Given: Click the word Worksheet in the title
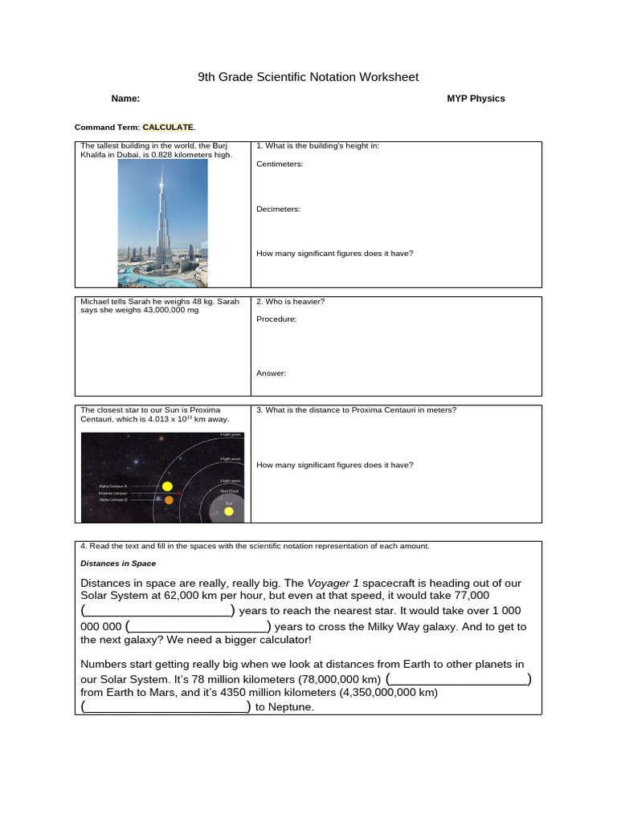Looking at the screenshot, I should coord(382,77).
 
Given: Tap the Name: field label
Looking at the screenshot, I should coord(125,99).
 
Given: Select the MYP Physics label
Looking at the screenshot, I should coord(476,99).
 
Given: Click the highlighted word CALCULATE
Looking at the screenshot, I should coord(168,127).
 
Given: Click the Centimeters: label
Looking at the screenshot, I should coord(280,164).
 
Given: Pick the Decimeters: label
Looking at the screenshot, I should coord(278,209).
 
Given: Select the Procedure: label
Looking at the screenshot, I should coord(276,319).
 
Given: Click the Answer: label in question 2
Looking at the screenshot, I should coord(271,373).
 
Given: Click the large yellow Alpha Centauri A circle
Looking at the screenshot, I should coord(167,486).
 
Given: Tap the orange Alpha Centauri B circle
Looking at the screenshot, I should coord(169,499).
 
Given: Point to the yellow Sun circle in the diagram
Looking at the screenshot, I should coord(229,511).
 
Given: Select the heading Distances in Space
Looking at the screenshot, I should coord(118,564).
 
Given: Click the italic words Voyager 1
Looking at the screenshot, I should coord(329,582).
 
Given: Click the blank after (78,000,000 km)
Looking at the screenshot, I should coord(458,678).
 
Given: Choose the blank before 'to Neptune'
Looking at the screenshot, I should coord(166,707).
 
